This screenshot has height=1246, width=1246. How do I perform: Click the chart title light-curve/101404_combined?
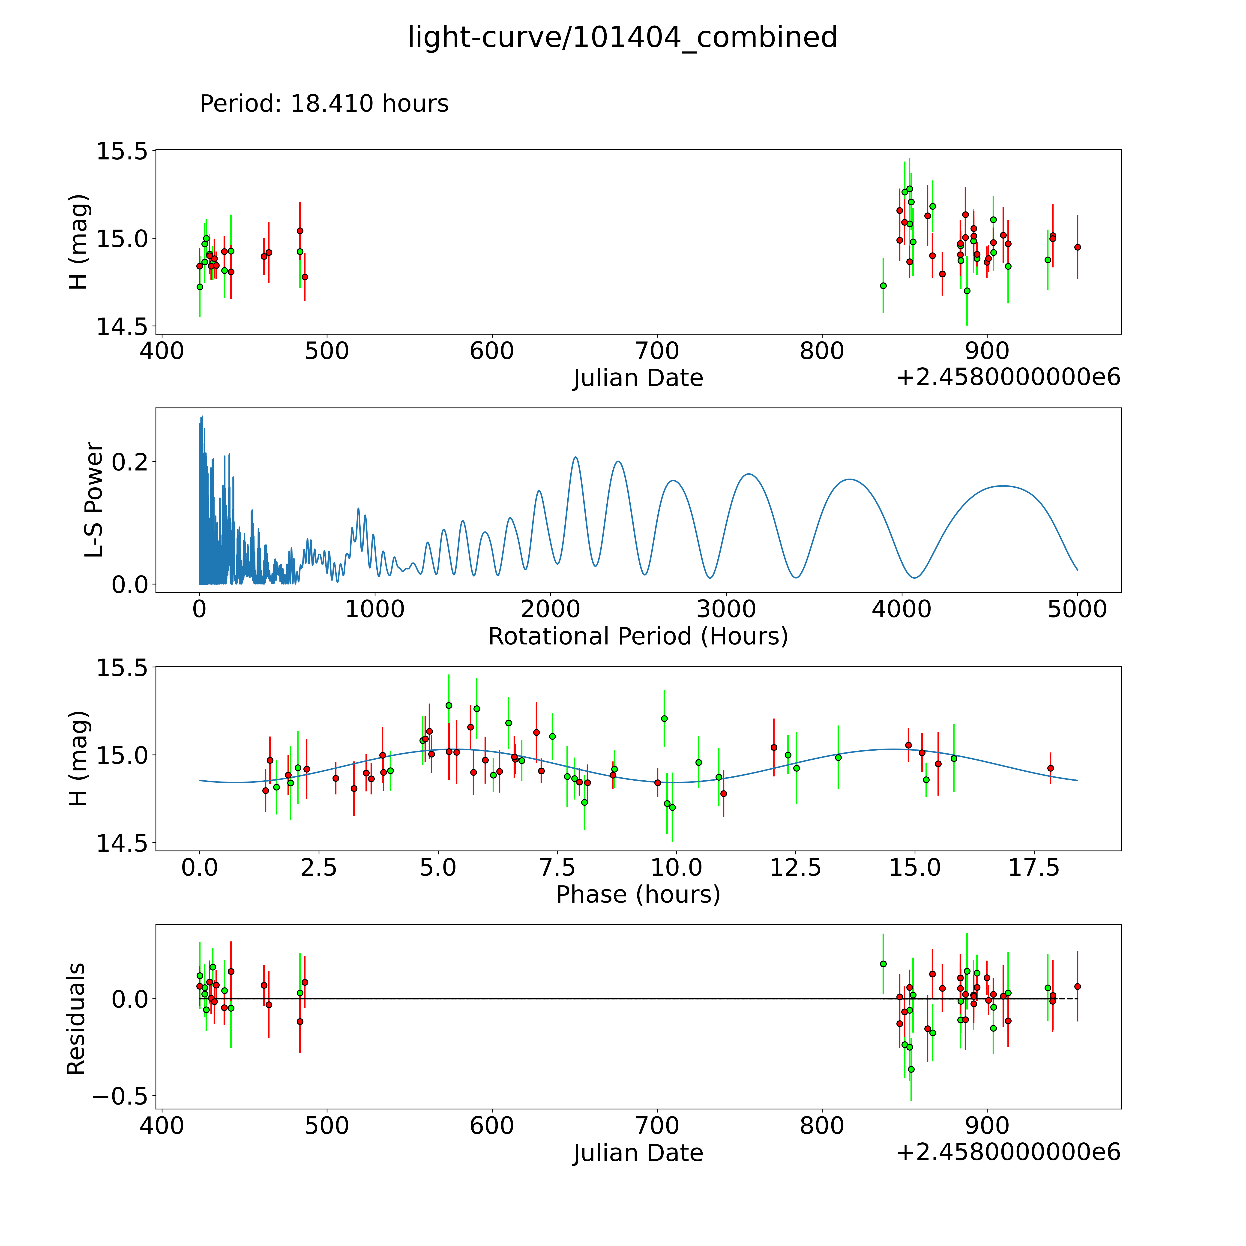tap(622, 37)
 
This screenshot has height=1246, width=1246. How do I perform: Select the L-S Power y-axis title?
tap(94, 500)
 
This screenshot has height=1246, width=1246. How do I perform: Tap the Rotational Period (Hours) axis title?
tap(638, 637)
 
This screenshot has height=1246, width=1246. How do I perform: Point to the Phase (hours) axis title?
tap(638, 895)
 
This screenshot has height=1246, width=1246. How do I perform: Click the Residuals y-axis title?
tap(76, 1019)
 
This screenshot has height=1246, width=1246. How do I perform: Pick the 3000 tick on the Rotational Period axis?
tap(726, 609)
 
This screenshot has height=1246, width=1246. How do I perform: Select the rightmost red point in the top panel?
tap(1077, 247)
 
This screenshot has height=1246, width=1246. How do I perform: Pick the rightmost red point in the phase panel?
tap(1051, 768)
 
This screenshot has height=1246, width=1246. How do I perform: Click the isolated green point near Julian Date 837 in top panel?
tap(883, 286)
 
